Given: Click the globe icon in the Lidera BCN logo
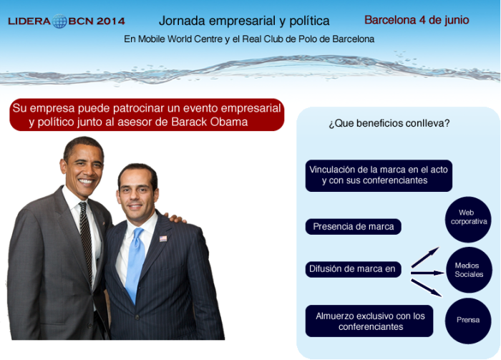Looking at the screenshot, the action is click(x=59, y=21).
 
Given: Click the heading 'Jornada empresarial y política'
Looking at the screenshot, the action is click(x=244, y=21).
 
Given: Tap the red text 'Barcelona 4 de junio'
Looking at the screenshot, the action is click(x=417, y=20).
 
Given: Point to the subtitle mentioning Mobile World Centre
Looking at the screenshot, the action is click(x=249, y=39).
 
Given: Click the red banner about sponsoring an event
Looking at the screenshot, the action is click(x=147, y=115).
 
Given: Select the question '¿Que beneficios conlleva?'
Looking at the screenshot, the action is click(x=389, y=123).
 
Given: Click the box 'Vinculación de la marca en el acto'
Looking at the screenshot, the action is click(x=379, y=175).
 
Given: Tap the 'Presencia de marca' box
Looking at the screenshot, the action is click(x=353, y=226).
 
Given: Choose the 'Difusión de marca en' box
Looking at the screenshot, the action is click(x=353, y=269).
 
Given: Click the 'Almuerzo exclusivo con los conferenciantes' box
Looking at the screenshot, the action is click(x=369, y=321).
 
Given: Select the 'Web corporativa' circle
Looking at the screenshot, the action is click(x=468, y=220).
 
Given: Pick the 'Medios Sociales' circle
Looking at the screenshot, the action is click(x=469, y=270).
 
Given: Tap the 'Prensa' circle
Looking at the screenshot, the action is click(x=468, y=321).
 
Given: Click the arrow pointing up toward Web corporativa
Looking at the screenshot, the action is click(x=425, y=257).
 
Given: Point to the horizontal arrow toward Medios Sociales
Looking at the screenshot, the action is click(x=427, y=273).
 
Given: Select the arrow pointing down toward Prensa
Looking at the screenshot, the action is click(x=427, y=288).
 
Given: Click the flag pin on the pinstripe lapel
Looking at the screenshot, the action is click(x=163, y=238).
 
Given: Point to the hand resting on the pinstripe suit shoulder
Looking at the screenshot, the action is click(x=176, y=218).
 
